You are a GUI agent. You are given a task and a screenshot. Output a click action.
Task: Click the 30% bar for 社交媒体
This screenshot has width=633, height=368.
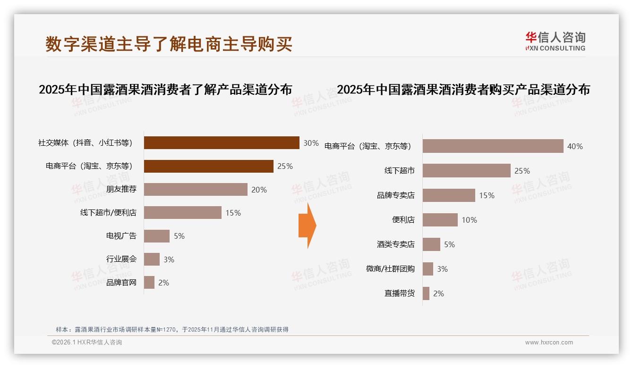coord(221,142)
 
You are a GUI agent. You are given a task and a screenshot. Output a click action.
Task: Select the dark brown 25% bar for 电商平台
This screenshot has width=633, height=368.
coord(208,166)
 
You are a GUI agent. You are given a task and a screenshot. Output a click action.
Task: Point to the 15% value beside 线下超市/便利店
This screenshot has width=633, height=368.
coord(233,213)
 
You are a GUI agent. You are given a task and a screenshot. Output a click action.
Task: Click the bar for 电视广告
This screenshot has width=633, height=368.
coord(156,236)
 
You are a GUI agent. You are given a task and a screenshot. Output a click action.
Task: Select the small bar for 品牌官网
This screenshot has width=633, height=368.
coord(149,283)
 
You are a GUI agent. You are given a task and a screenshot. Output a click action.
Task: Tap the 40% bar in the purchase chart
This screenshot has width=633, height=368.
coord(493,146)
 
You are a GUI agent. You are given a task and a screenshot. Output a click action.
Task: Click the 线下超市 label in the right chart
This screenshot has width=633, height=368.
coord(399,171)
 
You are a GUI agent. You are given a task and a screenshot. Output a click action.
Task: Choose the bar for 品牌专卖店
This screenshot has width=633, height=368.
coord(449,195)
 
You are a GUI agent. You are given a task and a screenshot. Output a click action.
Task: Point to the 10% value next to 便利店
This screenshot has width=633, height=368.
coord(470,220)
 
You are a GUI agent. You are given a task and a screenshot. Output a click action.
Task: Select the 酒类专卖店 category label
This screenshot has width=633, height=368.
coord(395,244)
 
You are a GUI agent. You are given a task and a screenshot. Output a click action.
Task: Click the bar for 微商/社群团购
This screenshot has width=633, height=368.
coord(428,269)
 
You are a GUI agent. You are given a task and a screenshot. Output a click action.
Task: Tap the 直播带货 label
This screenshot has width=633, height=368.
coord(399,293)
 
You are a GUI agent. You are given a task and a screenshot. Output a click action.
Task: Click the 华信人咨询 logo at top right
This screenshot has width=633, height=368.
coord(555,42)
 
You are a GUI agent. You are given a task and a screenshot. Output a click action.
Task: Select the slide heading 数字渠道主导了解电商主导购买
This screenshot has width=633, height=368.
coord(169,44)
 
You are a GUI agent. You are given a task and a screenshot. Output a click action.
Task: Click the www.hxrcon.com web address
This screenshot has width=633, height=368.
coord(549,343)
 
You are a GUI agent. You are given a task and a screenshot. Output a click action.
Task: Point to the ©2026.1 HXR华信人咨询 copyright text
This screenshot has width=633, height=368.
coord(87,343)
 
